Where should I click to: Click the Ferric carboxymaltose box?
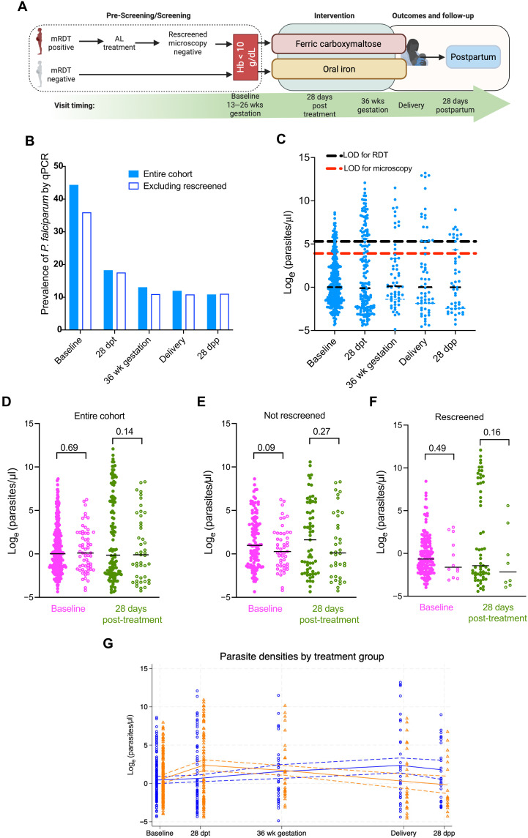click(x=338, y=44)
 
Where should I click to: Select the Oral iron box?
click(x=338, y=69)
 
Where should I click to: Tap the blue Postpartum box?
click(x=473, y=57)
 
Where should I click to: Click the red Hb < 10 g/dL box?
click(x=245, y=56)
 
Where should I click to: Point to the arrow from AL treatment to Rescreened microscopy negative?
click(x=147, y=42)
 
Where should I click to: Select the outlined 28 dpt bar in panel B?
click(x=121, y=301)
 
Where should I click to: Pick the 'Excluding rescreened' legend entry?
click(x=178, y=186)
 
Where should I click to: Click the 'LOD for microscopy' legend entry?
click(x=370, y=168)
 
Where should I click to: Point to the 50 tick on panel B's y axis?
click(x=59, y=166)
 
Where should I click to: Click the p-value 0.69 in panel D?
click(x=69, y=448)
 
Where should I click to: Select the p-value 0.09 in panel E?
click(x=266, y=448)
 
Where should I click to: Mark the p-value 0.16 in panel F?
click(x=492, y=432)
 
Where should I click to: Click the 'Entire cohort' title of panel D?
click(x=100, y=416)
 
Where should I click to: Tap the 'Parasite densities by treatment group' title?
click(x=302, y=656)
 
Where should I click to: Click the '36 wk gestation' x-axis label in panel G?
click(x=281, y=833)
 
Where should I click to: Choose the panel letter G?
click(x=108, y=643)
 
